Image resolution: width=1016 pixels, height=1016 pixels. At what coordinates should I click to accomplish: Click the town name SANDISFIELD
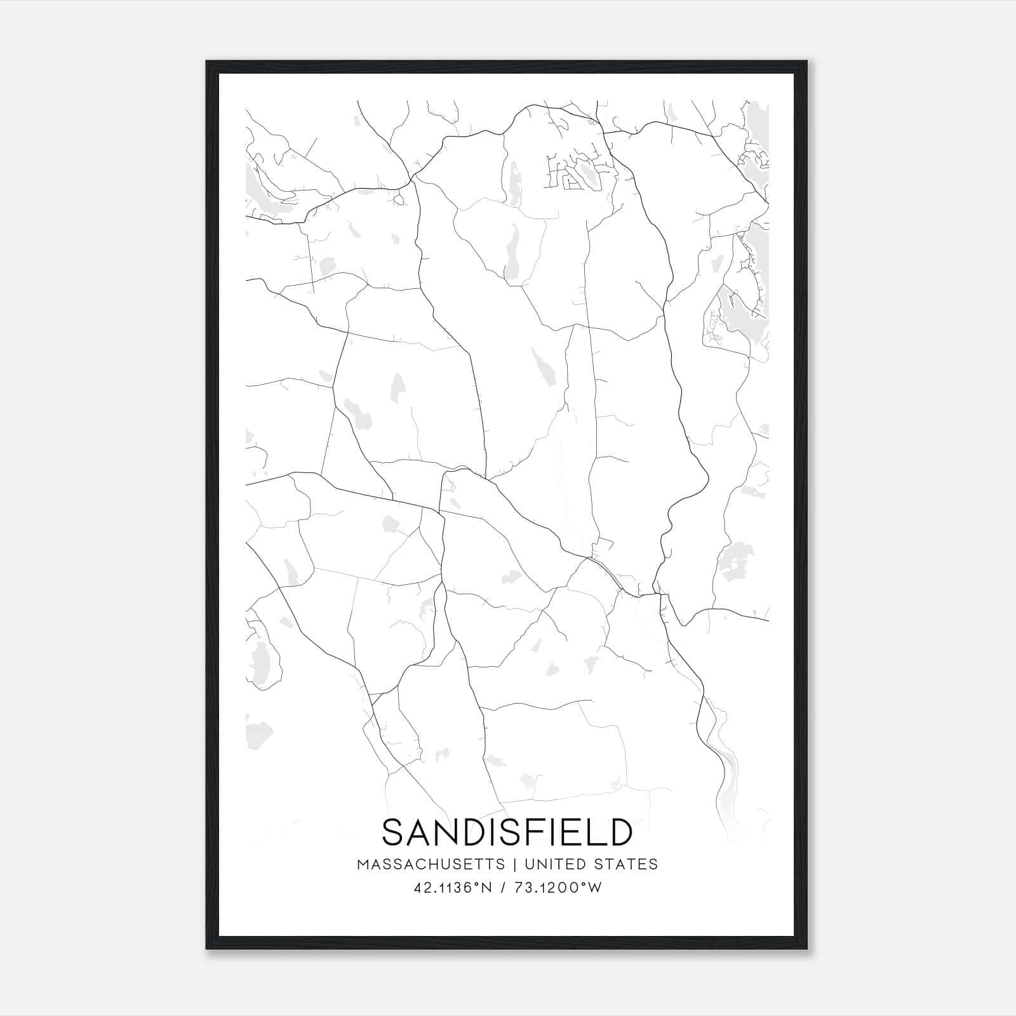click(x=507, y=832)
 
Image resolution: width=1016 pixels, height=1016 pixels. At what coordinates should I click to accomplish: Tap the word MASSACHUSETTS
click(x=431, y=864)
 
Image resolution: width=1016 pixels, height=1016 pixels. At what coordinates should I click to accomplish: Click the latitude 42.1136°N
click(x=453, y=888)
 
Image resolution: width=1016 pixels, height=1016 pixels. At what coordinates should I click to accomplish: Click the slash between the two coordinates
click(x=503, y=888)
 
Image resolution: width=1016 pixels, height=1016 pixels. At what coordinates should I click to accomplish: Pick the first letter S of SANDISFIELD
click(x=393, y=832)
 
